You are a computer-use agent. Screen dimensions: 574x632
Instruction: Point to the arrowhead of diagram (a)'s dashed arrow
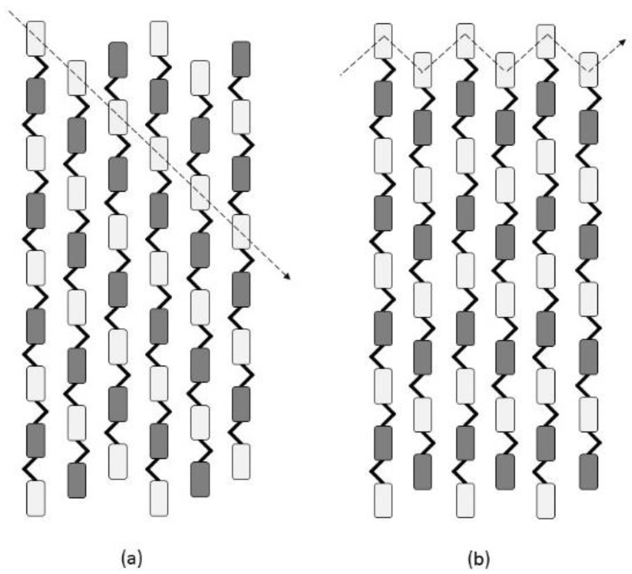[288, 278]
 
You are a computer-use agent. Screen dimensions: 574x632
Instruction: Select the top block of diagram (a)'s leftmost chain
[36, 39]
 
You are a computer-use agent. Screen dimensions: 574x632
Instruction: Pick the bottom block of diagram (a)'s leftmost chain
[36, 498]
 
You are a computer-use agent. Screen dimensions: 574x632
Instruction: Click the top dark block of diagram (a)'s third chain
[118, 60]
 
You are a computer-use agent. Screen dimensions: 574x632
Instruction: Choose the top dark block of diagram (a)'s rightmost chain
[241, 59]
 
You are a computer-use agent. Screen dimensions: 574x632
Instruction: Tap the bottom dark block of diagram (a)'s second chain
[77, 480]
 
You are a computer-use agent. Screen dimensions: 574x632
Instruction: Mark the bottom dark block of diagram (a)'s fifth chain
[200, 480]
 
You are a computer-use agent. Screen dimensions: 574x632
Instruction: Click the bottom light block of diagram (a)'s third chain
[118, 462]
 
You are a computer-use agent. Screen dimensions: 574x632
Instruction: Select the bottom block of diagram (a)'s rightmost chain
[241, 461]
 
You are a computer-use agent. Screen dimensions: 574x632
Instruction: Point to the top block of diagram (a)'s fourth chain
[159, 39]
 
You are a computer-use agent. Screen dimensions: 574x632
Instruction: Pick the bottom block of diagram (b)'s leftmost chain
[383, 501]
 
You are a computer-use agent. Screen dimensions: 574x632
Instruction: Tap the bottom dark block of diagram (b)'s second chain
[423, 472]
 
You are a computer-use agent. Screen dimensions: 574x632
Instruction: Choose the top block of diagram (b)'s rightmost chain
[588, 70]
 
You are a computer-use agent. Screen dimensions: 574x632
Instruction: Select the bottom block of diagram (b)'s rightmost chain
[588, 472]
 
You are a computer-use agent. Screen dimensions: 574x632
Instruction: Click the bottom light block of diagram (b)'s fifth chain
[546, 501]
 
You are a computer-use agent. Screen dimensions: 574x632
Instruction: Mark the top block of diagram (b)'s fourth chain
[505, 70]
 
